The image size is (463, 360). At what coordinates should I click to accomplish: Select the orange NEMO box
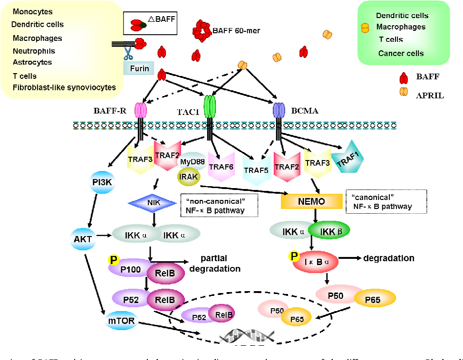click(x=311, y=201)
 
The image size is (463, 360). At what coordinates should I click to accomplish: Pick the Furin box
click(x=139, y=68)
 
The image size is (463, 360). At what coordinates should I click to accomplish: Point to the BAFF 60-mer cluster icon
click(x=203, y=30)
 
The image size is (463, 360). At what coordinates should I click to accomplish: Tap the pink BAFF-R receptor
click(x=141, y=111)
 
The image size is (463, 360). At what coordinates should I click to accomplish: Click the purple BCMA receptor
click(x=279, y=111)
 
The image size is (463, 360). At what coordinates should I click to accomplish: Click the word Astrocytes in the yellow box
click(x=32, y=62)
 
